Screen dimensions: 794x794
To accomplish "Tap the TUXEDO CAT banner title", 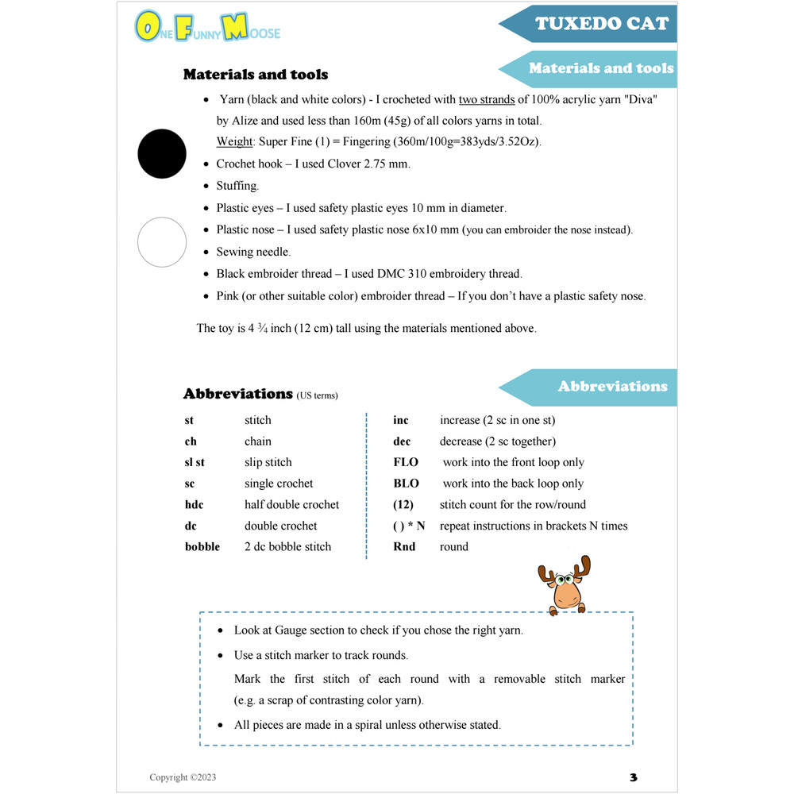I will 601,23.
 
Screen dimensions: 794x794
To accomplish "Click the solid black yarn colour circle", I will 162,153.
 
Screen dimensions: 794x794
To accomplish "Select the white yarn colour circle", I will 162,242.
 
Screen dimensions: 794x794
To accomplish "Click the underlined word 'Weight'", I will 235,141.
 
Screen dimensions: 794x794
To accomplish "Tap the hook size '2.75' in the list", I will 377,164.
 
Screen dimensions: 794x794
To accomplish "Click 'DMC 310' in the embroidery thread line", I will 410,274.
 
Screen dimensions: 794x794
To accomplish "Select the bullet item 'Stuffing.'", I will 237,186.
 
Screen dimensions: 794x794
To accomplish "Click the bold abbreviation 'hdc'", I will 195,505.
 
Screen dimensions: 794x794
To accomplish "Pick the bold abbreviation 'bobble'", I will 202,547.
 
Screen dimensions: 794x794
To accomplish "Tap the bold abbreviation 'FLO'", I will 406,462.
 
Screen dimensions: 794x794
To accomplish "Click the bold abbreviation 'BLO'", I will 406,484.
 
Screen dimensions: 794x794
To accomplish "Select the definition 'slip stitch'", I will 268,462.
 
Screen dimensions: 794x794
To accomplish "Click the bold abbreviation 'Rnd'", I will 404,547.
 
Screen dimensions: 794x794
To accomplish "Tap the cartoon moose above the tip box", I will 564,586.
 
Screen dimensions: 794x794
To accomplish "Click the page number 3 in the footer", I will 633,777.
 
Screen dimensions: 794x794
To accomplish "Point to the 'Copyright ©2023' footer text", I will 183,777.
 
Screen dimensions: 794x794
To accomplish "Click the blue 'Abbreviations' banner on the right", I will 611,387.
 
